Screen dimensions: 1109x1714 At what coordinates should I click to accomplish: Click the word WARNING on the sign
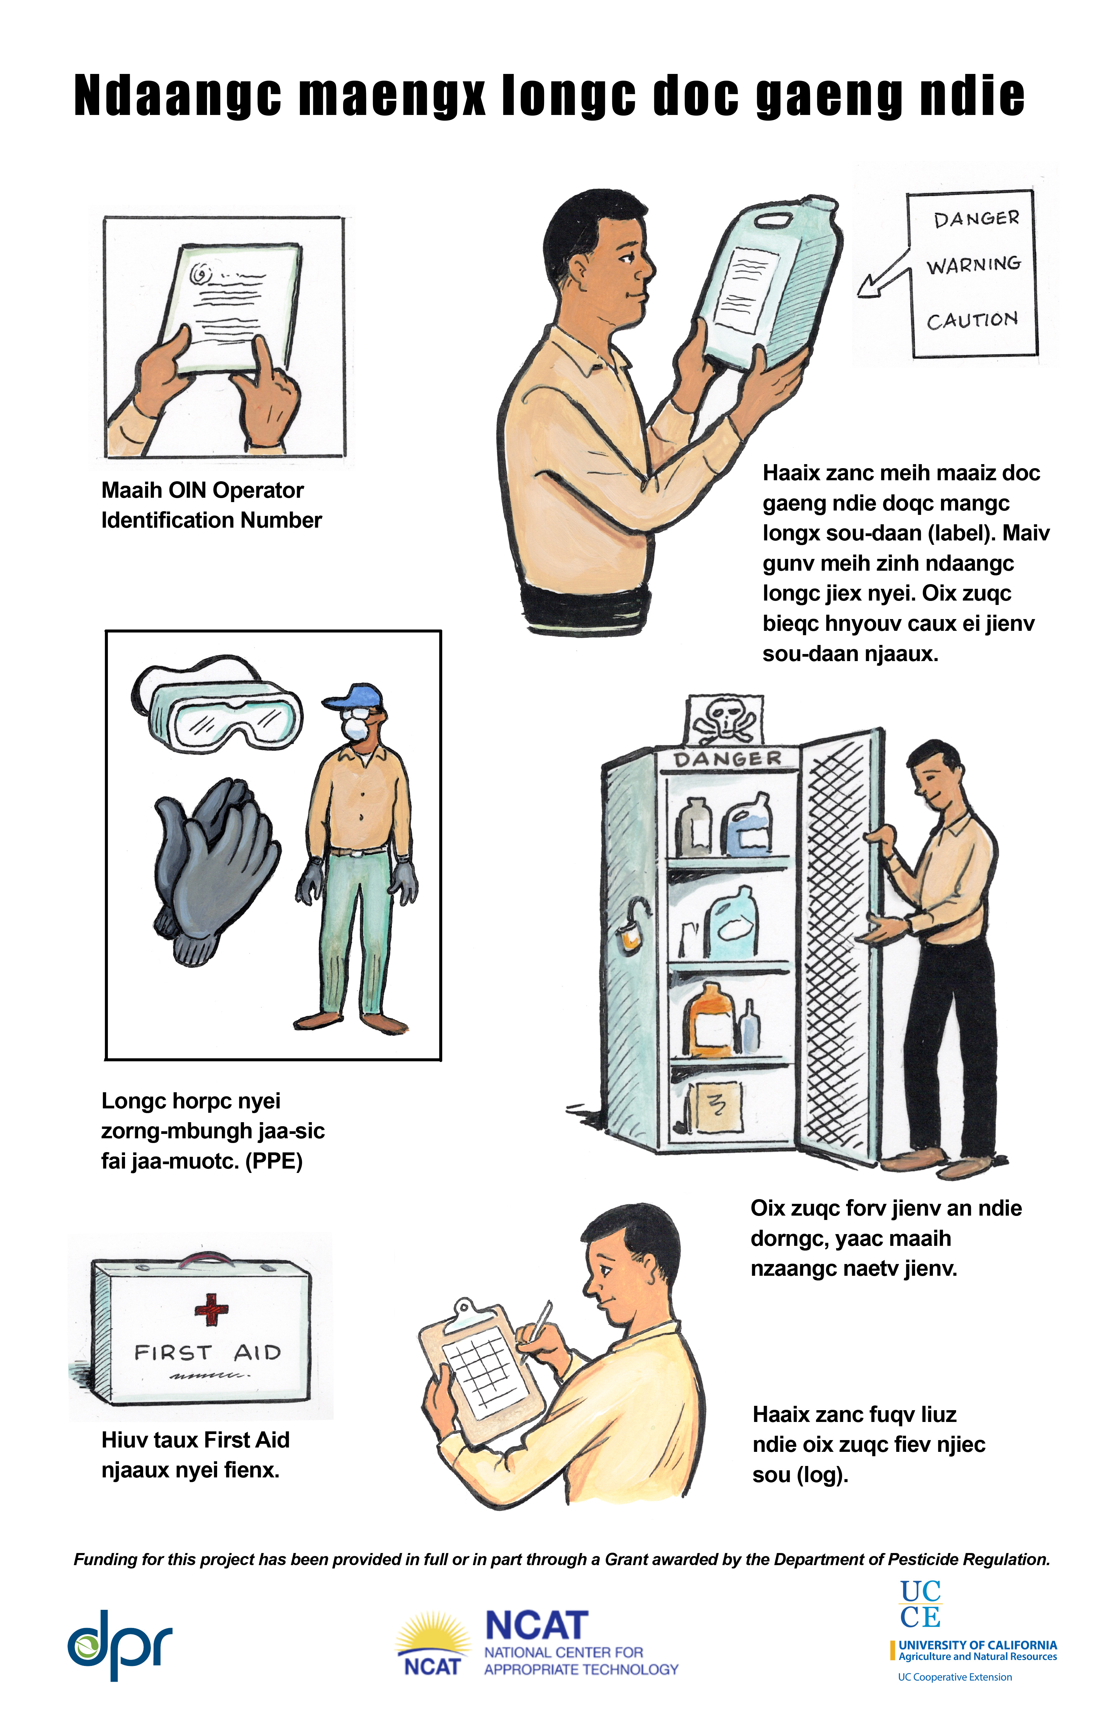coord(974,265)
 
